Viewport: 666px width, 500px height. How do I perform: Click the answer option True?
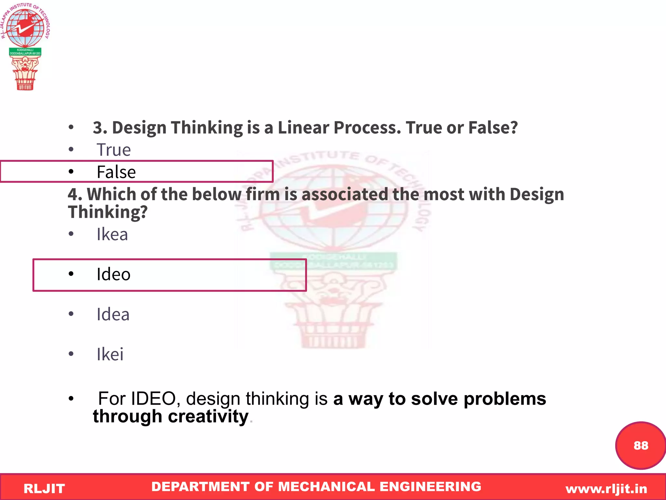(x=113, y=150)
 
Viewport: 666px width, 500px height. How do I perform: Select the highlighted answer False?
(x=116, y=172)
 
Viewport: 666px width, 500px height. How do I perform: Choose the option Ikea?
(x=112, y=234)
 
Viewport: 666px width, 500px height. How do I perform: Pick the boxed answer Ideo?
(x=113, y=274)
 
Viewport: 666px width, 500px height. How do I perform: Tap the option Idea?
(x=113, y=314)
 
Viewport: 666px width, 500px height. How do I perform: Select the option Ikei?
(x=110, y=354)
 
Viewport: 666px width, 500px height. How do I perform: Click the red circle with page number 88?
(x=640, y=445)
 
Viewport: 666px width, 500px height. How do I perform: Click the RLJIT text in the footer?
(x=44, y=489)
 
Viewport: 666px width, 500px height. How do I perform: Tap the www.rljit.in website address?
(x=606, y=489)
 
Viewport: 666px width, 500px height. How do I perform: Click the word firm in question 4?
(x=263, y=194)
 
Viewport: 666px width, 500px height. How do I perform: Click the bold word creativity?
(x=208, y=416)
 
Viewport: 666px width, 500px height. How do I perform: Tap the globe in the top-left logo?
(x=25, y=28)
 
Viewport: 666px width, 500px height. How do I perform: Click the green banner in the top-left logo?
(x=25, y=52)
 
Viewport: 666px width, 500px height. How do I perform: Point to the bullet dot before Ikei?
(x=71, y=354)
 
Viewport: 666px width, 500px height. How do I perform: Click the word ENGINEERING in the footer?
(x=430, y=487)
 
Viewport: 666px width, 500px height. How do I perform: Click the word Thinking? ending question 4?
(x=108, y=212)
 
